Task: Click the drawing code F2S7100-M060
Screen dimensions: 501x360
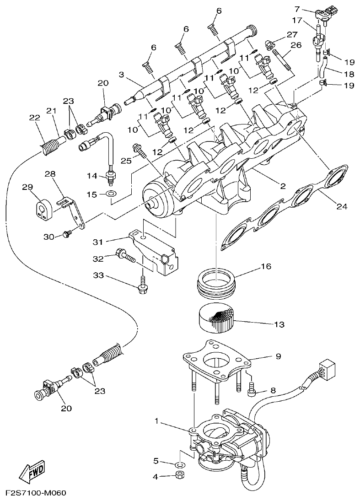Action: coord(36,493)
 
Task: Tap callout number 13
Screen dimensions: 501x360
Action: coord(279,324)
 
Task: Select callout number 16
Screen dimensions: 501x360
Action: coord(266,266)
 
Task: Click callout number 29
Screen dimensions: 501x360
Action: coord(28,187)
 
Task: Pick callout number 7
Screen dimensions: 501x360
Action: coord(309,9)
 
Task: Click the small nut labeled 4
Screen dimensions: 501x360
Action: coord(180,476)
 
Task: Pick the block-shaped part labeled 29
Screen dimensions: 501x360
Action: coord(44,208)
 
